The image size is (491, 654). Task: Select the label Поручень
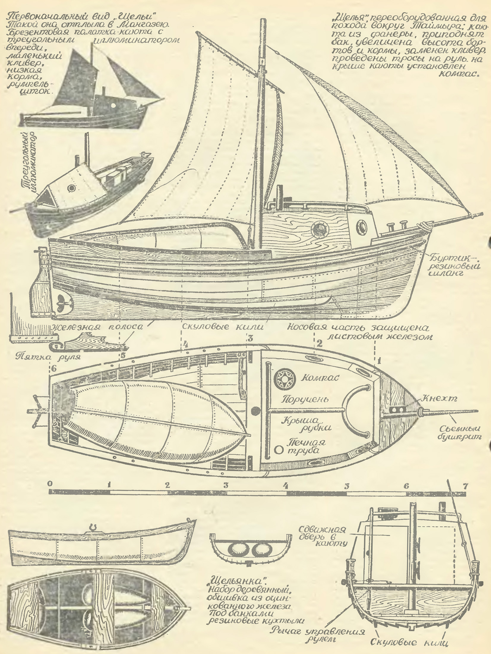point(305,399)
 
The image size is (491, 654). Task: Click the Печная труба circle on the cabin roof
point(278,449)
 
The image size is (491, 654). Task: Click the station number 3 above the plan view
point(250,338)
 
